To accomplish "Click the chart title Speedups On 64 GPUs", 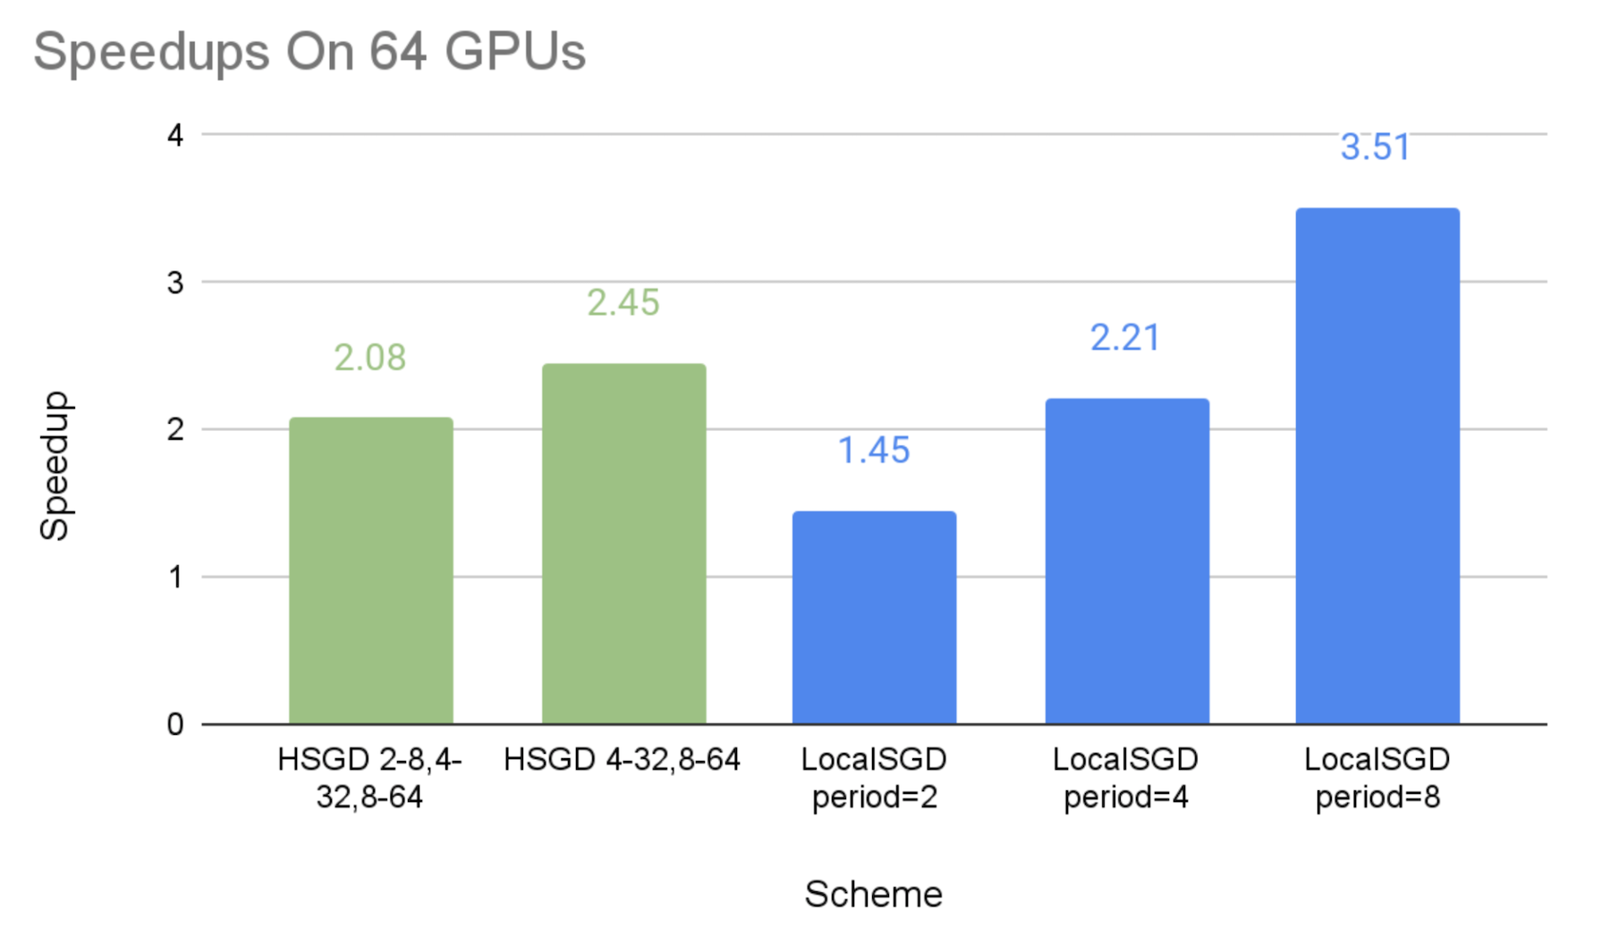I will coord(309,52).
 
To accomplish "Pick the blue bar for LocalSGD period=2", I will coord(874,617).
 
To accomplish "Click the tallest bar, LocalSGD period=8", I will coord(1377,466).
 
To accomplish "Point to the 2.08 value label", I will coord(370,358).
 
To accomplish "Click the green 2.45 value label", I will coord(623,303).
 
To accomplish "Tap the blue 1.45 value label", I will coord(874,451).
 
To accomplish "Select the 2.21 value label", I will coord(1125,338).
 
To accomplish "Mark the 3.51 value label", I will coord(1376,148).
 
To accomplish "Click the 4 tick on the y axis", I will coord(175,136).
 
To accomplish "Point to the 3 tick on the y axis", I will coord(175,283).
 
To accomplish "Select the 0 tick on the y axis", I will coord(175,725).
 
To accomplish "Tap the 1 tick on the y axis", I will coord(175,578).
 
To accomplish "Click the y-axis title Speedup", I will coord(55,466).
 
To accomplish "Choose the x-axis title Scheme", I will coord(873,894).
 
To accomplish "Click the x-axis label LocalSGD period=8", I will coord(1377,778).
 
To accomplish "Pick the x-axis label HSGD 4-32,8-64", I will coord(623,760).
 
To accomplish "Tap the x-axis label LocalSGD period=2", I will coord(874,778).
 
